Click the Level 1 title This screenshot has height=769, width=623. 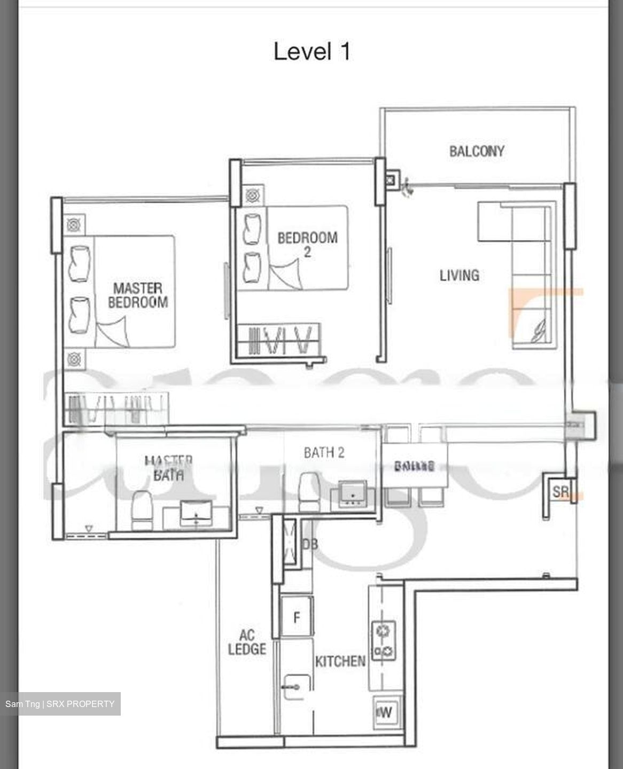click(x=312, y=52)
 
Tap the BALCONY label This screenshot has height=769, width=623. click(x=477, y=151)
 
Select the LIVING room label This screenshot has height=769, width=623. click(x=459, y=275)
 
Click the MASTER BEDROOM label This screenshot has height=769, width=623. click(x=138, y=295)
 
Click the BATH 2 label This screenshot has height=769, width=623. click(x=324, y=453)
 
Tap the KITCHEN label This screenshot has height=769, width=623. click(x=340, y=662)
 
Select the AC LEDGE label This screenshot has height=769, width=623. click(x=246, y=642)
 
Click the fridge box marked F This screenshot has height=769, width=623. click(x=297, y=617)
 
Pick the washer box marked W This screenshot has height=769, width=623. click(x=385, y=712)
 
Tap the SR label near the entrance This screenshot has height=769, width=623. click(x=560, y=491)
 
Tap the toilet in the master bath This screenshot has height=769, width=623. click(x=142, y=510)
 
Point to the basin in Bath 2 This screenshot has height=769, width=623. click(x=352, y=493)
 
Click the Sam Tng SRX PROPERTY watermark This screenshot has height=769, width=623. click(x=60, y=704)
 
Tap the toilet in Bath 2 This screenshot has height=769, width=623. click(x=308, y=491)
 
